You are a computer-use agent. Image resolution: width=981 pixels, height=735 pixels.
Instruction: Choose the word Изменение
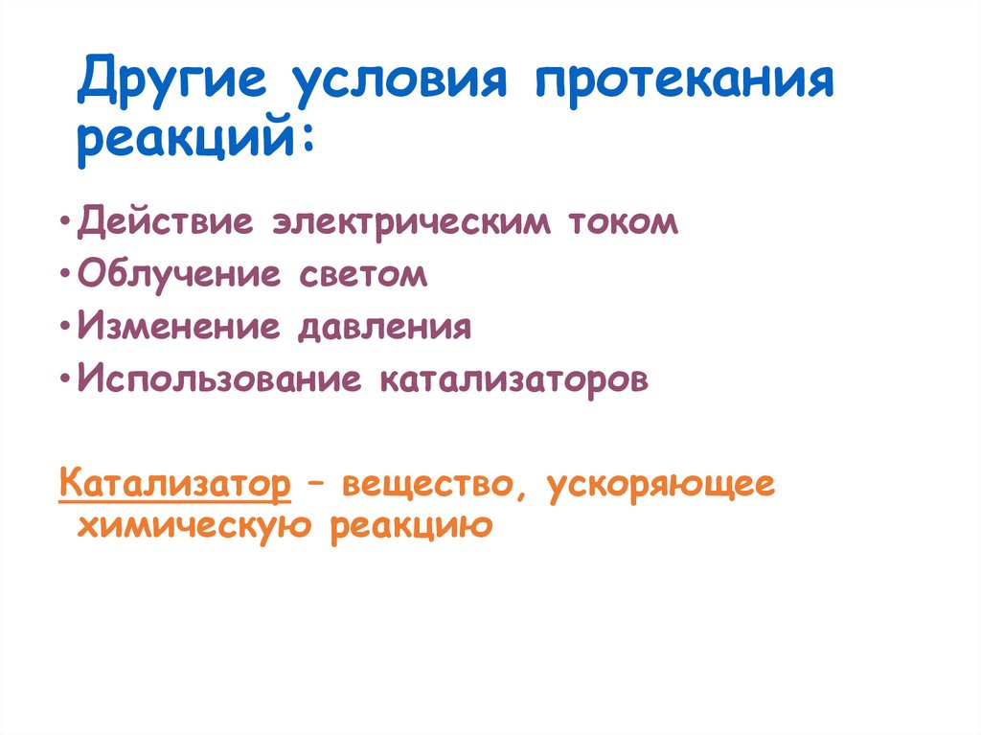click(x=179, y=327)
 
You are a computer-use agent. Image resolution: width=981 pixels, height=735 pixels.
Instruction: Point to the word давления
click(x=384, y=327)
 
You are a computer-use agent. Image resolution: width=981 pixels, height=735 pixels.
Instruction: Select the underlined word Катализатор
click(x=174, y=484)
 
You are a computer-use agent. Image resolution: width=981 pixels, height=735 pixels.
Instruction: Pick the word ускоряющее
click(x=661, y=484)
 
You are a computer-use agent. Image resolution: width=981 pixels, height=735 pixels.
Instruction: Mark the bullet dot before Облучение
click(x=63, y=275)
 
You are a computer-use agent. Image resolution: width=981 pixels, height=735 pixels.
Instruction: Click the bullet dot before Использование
click(x=63, y=380)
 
